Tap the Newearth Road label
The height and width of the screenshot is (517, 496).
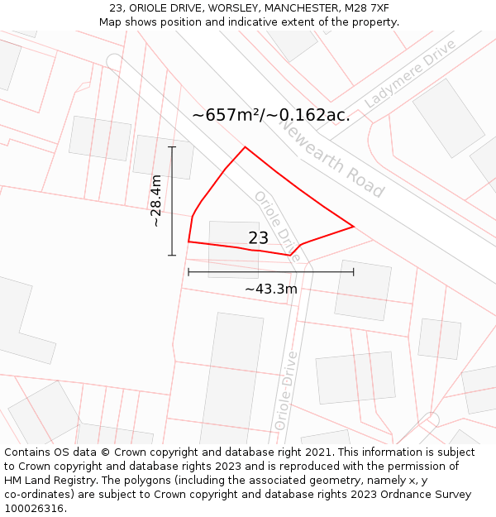pyautogui.click(x=331, y=157)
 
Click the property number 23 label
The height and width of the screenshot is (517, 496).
pyautogui.click(x=258, y=238)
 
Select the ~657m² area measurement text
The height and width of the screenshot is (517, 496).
pyautogui.click(x=270, y=115)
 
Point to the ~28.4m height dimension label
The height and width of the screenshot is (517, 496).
pyautogui.click(x=156, y=201)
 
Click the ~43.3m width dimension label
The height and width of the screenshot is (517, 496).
pyautogui.click(x=270, y=289)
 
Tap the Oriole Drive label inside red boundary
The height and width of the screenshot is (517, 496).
pyautogui.click(x=277, y=224)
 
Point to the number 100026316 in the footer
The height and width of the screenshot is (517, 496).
pyautogui.click(x=34, y=509)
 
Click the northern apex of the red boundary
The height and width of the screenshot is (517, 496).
pyautogui.click(x=245, y=148)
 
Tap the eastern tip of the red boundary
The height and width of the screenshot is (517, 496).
pyautogui.click(x=353, y=226)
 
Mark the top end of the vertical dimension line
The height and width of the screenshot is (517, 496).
pyautogui.click(x=172, y=147)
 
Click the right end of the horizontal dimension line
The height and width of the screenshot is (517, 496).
pyautogui.click(x=353, y=271)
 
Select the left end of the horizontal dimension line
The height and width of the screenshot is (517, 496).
pyautogui.click(x=188, y=271)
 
